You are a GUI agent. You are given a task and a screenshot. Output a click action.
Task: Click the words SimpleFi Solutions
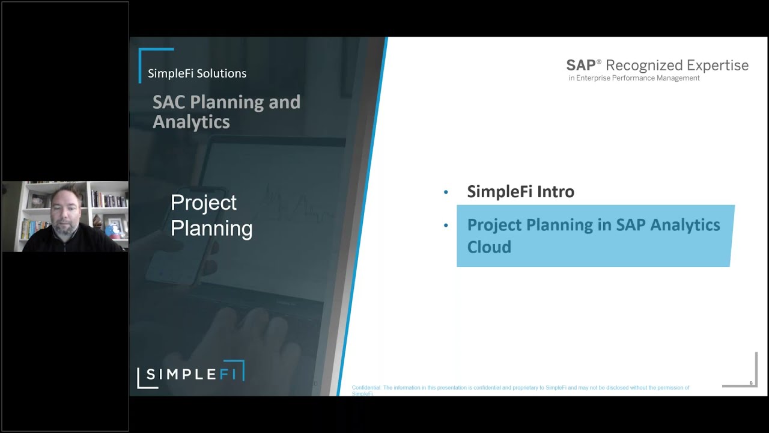197,73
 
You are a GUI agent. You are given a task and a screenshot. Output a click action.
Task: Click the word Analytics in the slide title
191,122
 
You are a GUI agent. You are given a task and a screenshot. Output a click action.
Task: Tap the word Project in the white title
204,203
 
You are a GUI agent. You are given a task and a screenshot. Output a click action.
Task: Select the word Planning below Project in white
211,229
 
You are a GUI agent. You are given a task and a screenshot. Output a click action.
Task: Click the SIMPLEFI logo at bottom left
191,374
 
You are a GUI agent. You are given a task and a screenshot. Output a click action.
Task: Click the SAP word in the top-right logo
581,65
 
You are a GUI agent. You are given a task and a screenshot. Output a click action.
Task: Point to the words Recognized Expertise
677,65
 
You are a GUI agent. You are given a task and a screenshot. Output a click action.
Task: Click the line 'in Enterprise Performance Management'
634,78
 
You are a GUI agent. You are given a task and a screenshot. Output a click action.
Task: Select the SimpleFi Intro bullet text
520,192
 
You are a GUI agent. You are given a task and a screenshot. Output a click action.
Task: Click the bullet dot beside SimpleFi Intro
446,192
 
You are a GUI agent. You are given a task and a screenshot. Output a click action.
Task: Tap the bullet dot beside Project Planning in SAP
446,226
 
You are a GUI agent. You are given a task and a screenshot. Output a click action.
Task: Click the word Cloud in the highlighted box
489,247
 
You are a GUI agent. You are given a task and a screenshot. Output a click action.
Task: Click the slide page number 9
750,383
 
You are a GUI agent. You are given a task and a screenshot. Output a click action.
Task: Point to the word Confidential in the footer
366,388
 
